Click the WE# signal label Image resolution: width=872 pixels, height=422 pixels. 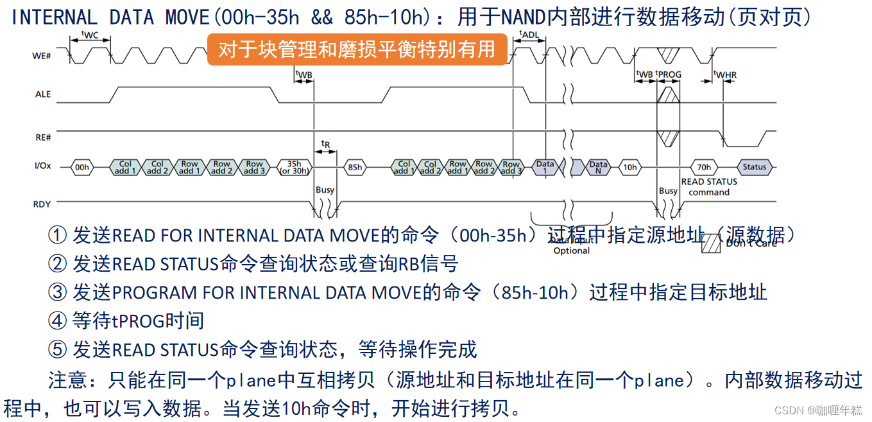42,57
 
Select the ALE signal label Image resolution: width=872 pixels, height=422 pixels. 43,94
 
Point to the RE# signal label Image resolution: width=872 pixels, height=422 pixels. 43,137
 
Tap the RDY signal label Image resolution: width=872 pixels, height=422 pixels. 42,204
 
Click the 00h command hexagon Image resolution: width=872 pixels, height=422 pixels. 81,168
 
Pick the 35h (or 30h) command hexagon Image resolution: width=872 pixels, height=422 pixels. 294,167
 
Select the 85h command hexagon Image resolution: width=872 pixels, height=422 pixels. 354,168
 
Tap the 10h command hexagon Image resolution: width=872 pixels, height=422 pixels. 630,168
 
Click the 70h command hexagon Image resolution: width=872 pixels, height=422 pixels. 704,167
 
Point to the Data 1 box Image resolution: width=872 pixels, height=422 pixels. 545,168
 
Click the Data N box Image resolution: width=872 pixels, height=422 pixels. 598,168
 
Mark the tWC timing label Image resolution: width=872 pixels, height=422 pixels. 90,35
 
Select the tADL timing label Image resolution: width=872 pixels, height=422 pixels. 529,34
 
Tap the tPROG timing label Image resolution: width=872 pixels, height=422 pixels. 669,75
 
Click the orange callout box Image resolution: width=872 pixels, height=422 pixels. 356,49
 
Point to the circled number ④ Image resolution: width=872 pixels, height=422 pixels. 57,321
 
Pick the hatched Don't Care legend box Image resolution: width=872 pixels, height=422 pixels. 712,242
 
